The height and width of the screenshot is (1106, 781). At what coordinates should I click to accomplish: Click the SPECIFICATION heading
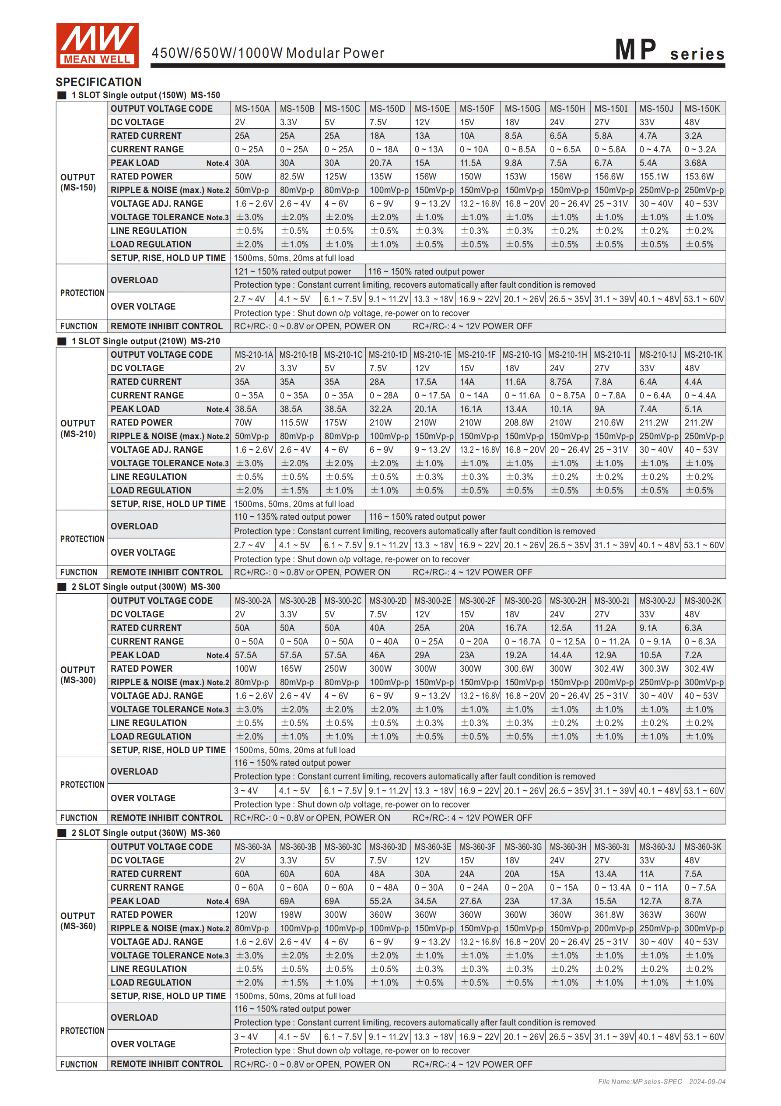(99, 82)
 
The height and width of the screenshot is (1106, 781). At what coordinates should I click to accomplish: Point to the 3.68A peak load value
(695, 163)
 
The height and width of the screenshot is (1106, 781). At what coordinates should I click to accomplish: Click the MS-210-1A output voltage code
(254, 355)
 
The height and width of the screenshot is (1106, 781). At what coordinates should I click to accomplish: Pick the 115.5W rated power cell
(294, 423)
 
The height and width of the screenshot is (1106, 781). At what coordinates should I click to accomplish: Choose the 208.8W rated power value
(518, 423)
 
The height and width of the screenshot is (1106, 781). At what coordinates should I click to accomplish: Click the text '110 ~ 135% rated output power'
(292, 517)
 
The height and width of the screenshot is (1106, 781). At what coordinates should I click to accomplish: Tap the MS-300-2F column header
(477, 601)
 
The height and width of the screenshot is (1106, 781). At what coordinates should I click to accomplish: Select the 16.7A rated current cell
(516, 628)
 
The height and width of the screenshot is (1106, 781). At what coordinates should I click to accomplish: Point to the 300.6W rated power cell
(518, 669)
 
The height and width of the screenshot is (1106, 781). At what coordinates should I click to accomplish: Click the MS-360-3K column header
(703, 847)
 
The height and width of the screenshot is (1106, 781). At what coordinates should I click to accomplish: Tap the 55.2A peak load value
(380, 901)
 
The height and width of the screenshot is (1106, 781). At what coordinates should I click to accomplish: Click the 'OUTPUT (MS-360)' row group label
(78, 921)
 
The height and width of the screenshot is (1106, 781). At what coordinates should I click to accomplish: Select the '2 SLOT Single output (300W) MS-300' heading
(145, 587)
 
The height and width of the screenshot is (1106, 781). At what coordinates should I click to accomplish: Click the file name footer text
(661, 1081)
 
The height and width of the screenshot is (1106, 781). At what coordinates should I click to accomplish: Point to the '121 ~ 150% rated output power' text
(292, 271)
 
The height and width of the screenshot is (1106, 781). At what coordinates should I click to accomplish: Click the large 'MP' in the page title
(636, 49)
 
